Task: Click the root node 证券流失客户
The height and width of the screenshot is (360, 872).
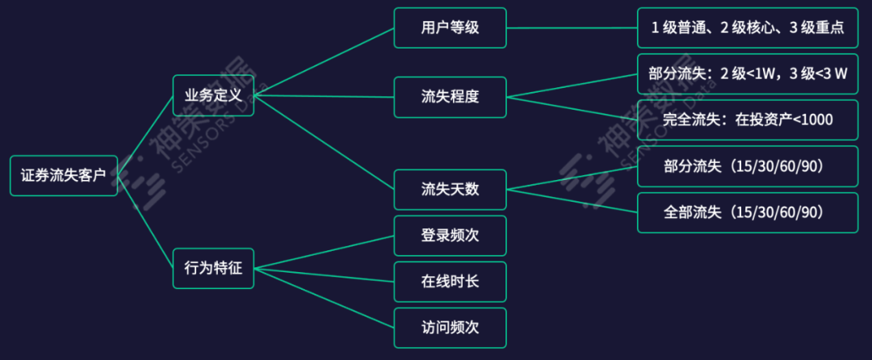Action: coord(63,175)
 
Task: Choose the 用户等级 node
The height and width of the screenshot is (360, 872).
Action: coord(450,27)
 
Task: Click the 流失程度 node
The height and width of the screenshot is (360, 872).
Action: coord(450,97)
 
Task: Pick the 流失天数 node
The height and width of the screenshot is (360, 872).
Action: coord(450,190)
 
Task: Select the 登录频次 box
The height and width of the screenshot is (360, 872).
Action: coord(450,236)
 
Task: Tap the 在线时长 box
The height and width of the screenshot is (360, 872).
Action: coord(450,282)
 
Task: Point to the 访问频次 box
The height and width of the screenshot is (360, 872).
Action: coord(450,328)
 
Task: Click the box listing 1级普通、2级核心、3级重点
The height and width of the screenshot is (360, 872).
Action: coord(747,27)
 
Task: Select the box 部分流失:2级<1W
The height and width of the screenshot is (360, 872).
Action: coord(747,74)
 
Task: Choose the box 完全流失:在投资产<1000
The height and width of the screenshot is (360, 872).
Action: coord(747,120)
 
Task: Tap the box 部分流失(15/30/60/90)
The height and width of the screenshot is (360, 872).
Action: coord(747,166)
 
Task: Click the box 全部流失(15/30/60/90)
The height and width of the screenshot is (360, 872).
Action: coord(747,212)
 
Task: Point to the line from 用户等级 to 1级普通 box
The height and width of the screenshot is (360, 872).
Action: coord(572,27)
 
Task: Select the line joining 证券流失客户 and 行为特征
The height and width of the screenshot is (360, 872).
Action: coord(145,221)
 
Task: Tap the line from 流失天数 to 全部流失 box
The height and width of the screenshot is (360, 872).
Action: coord(572,201)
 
